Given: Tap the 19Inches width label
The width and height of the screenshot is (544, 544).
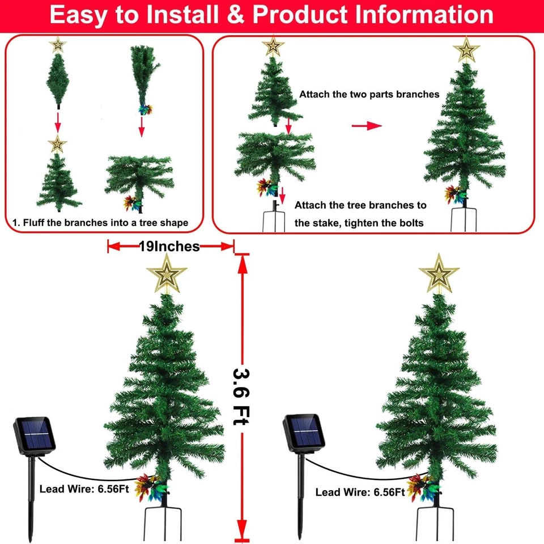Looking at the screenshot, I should pos(169,246).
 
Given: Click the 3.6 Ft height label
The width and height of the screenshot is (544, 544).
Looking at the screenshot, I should pos(241,397).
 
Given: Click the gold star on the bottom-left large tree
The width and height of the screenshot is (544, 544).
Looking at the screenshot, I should pos(167,274).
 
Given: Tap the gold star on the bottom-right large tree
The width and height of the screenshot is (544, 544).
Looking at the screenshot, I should pos(439,274).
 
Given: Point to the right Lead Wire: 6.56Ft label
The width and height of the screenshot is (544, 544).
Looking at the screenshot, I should pos(360,492).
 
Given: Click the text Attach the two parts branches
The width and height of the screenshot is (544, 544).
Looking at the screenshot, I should pos(369,94).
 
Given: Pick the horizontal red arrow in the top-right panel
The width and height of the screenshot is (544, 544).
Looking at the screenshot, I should pos(366,126).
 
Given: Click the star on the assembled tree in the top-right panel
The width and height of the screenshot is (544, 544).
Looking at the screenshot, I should pos(466,50).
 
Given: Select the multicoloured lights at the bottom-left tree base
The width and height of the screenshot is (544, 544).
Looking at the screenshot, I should pos(150,486).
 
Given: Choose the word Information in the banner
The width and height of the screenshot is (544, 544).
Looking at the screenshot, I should pos(424,15).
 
